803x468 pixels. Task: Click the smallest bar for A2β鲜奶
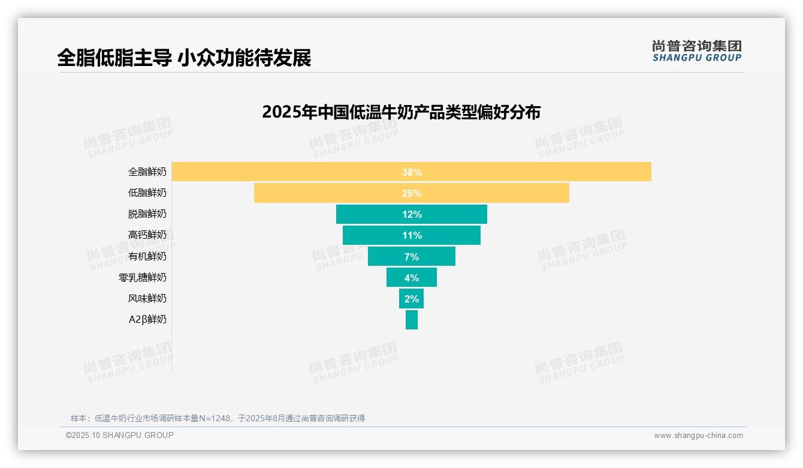pos(412,319)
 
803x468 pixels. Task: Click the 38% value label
pos(412,172)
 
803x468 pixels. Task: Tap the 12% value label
pos(412,214)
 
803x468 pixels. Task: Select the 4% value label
pos(412,278)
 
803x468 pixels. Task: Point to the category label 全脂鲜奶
pos(147,172)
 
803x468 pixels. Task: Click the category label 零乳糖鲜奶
pos(143,277)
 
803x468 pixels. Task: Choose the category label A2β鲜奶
pos(147,319)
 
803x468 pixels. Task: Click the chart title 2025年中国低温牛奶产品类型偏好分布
pos(401,112)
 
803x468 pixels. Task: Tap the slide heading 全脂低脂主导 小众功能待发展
pos(184,58)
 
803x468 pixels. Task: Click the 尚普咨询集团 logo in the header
pos(696,50)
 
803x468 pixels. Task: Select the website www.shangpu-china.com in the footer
pos(698,436)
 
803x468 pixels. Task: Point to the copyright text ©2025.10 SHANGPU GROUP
pos(120,435)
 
